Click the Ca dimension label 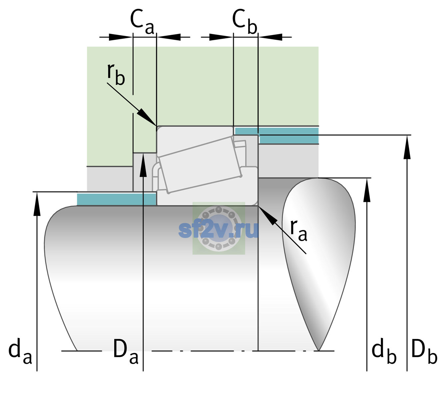tap(142, 22)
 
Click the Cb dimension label tap(244, 22)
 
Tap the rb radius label tap(116, 74)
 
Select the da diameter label tap(20, 351)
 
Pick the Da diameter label tap(126, 351)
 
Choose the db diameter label tap(384, 351)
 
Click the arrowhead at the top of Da tap(143, 165)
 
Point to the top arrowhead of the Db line tap(407, 147)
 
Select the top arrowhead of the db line tap(367, 190)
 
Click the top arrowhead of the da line tap(37, 204)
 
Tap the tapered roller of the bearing tap(200, 165)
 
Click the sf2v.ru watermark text tap(219, 230)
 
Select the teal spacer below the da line tap(116, 199)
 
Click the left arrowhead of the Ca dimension tap(121, 37)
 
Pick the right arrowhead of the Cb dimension tap(270, 37)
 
